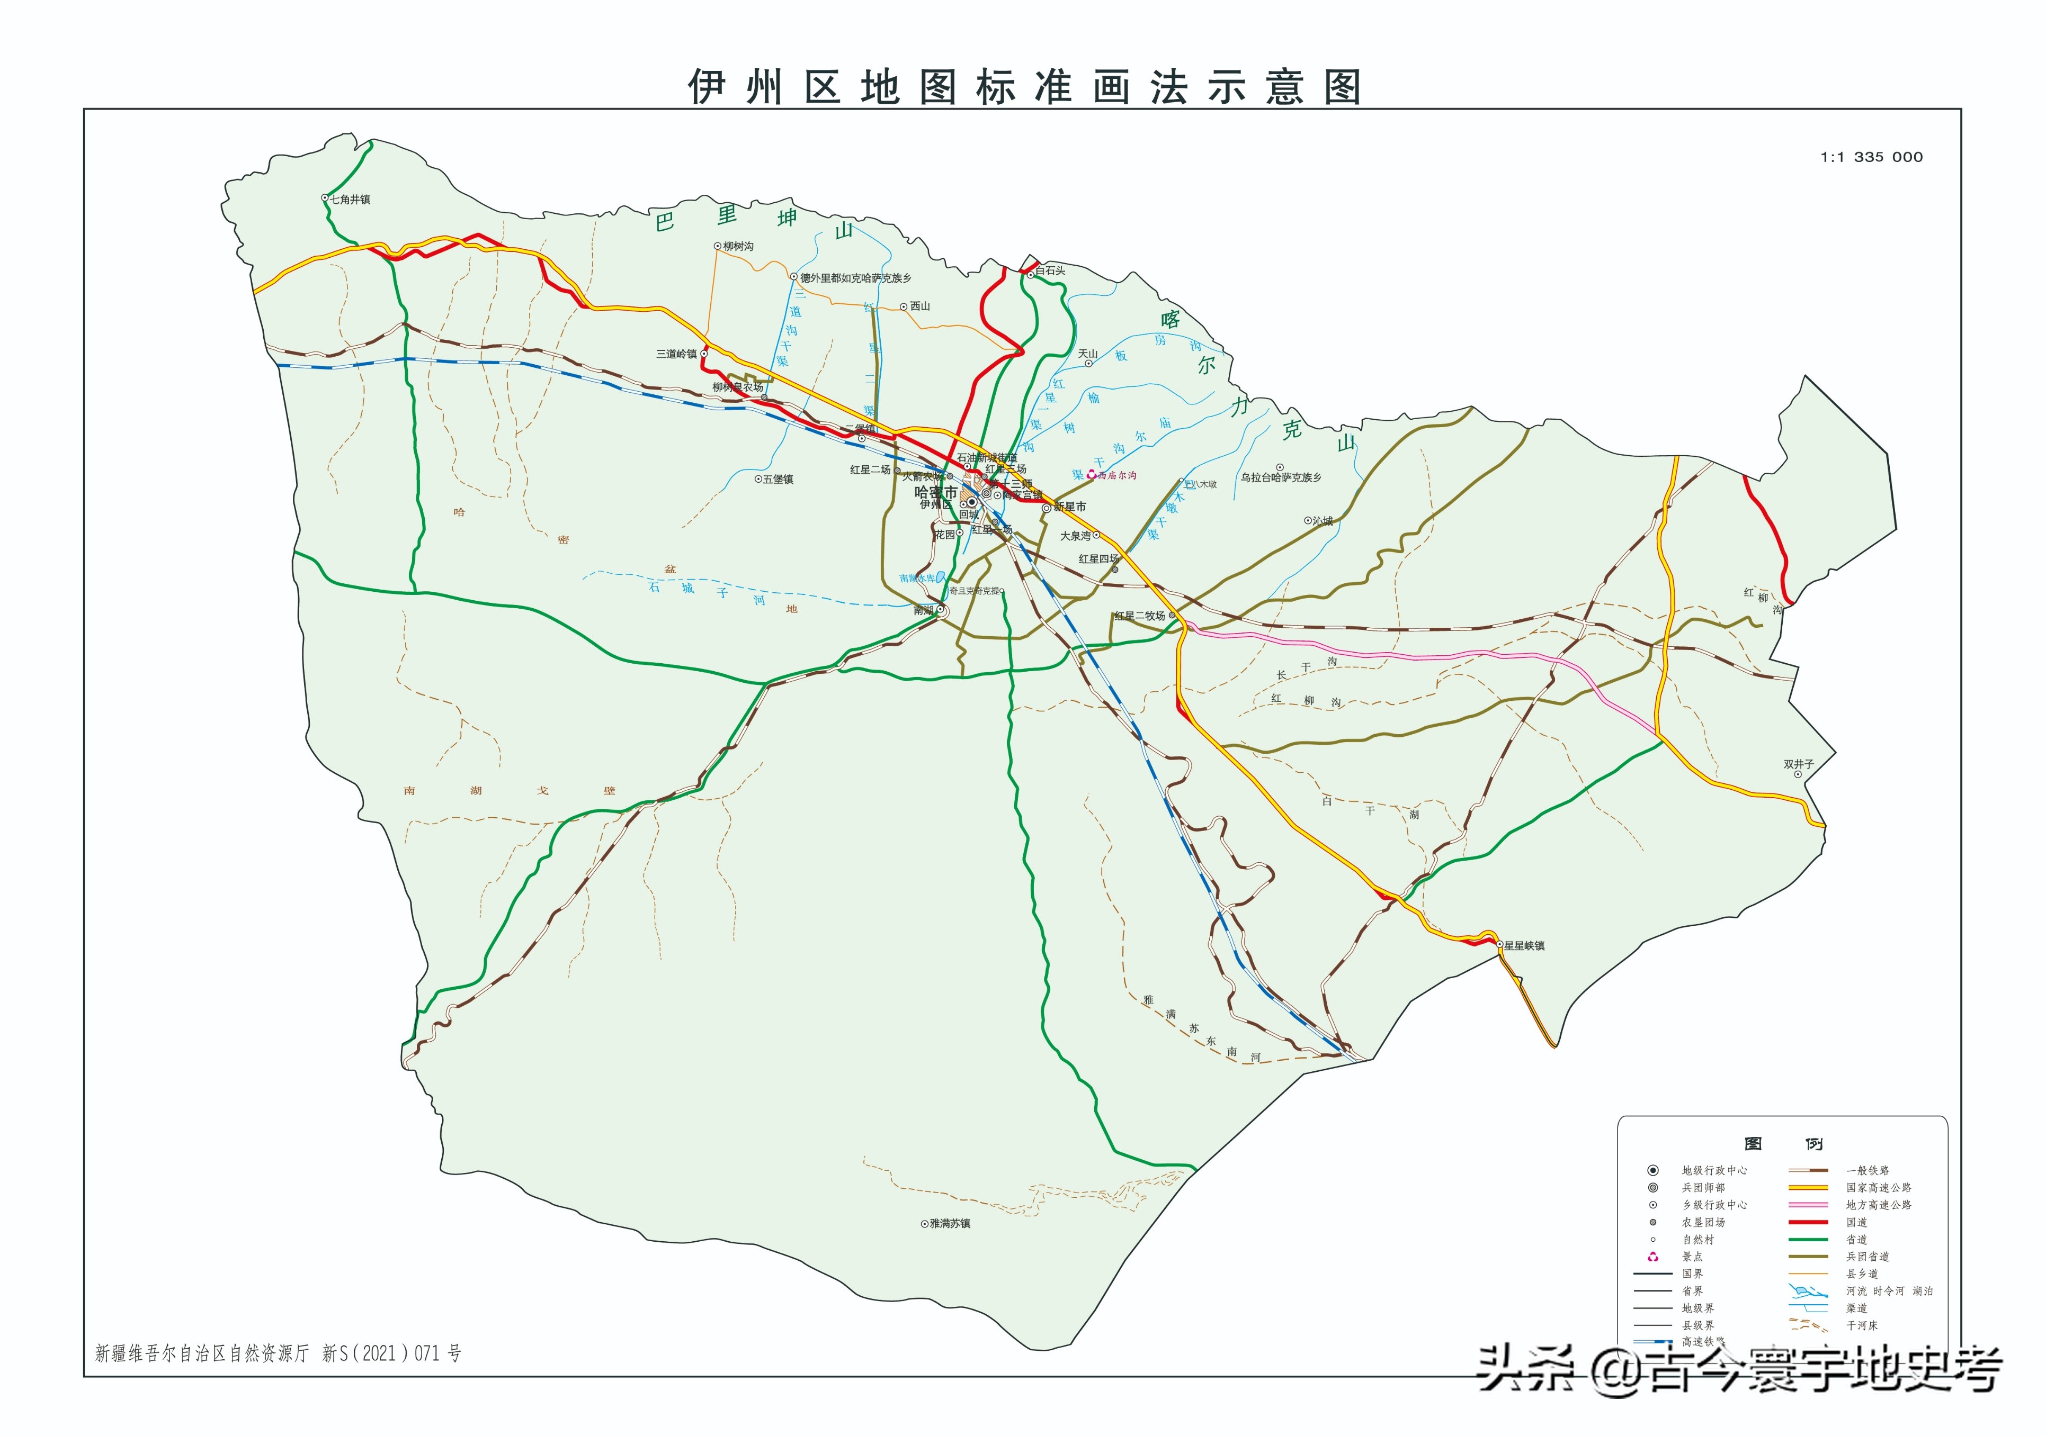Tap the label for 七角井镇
point(350,200)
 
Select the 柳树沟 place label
point(738,247)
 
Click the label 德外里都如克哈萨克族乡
point(855,278)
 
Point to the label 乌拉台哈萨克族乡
point(1281,477)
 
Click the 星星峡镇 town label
point(1524,946)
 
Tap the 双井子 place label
point(1798,764)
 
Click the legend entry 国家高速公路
point(1879,1187)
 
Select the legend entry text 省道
point(1856,1239)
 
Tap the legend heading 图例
point(1782,1144)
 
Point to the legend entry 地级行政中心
point(1713,1170)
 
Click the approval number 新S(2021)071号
point(392,1353)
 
